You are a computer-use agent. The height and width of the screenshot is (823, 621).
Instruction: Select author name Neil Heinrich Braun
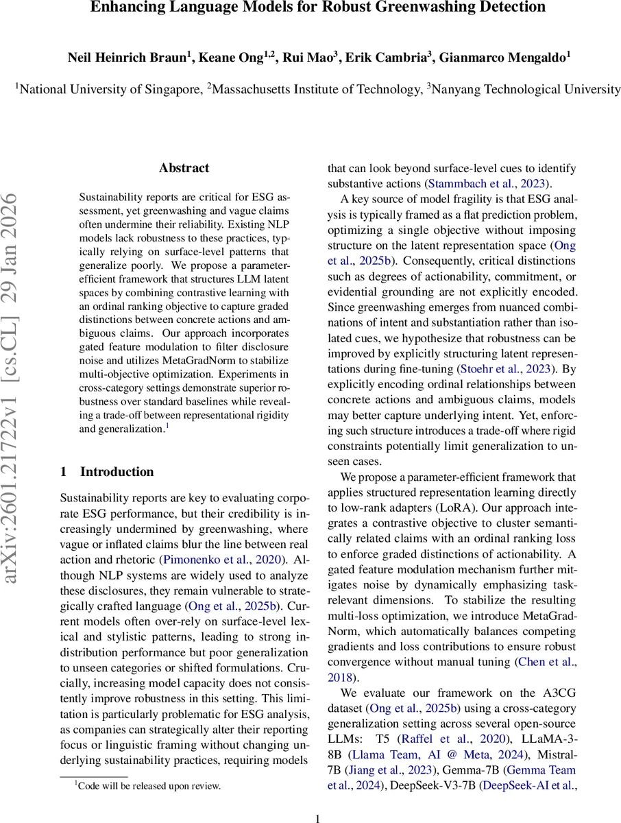coord(126,58)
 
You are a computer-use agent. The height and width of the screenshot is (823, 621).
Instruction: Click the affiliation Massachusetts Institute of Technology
coord(313,88)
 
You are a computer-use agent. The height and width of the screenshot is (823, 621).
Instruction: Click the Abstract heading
coord(184,168)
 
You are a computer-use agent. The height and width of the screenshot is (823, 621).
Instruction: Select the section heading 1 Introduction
coord(107,472)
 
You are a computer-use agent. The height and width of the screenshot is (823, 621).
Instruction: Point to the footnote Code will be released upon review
coord(147,786)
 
